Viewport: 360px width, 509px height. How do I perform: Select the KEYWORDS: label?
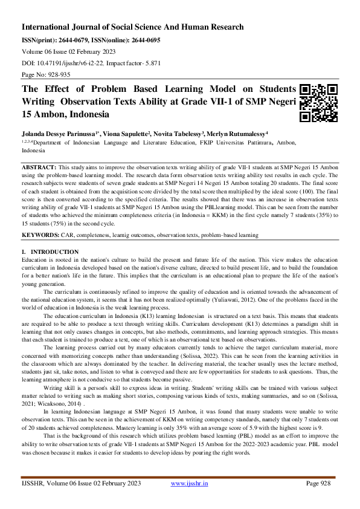pos(41,233)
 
